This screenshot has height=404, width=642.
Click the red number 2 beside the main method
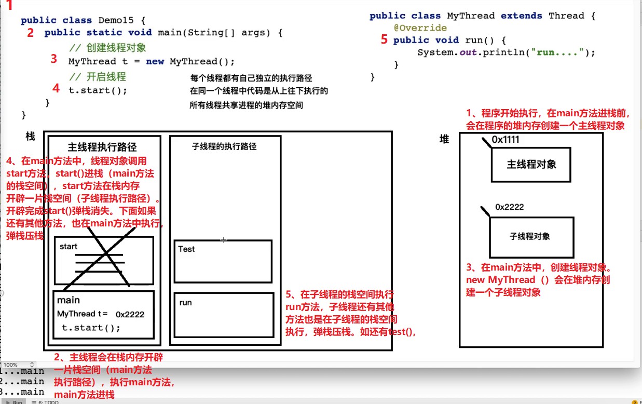click(x=31, y=33)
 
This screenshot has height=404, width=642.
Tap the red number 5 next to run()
click(x=384, y=40)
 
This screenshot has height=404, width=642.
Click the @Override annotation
click(x=420, y=28)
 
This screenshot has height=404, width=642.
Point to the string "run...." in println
click(x=558, y=52)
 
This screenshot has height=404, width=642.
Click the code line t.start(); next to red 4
click(x=98, y=90)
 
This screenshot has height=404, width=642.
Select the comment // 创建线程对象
click(x=107, y=48)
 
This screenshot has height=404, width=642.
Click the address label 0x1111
click(x=505, y=140)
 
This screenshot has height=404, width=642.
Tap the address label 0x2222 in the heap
click(x=509, y=207)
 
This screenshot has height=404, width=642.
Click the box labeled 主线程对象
click(x=531, y=165)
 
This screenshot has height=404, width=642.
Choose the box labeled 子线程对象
click(x=531, y=237)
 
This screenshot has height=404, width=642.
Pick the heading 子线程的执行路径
click(x=224, y=146)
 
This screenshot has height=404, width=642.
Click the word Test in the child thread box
click(x=186, y=249)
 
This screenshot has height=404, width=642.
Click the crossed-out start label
click(x=69, y=247)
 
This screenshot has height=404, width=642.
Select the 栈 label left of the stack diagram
click(x=30, y=136)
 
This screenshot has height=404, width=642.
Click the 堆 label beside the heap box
click(x=444, y=139)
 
